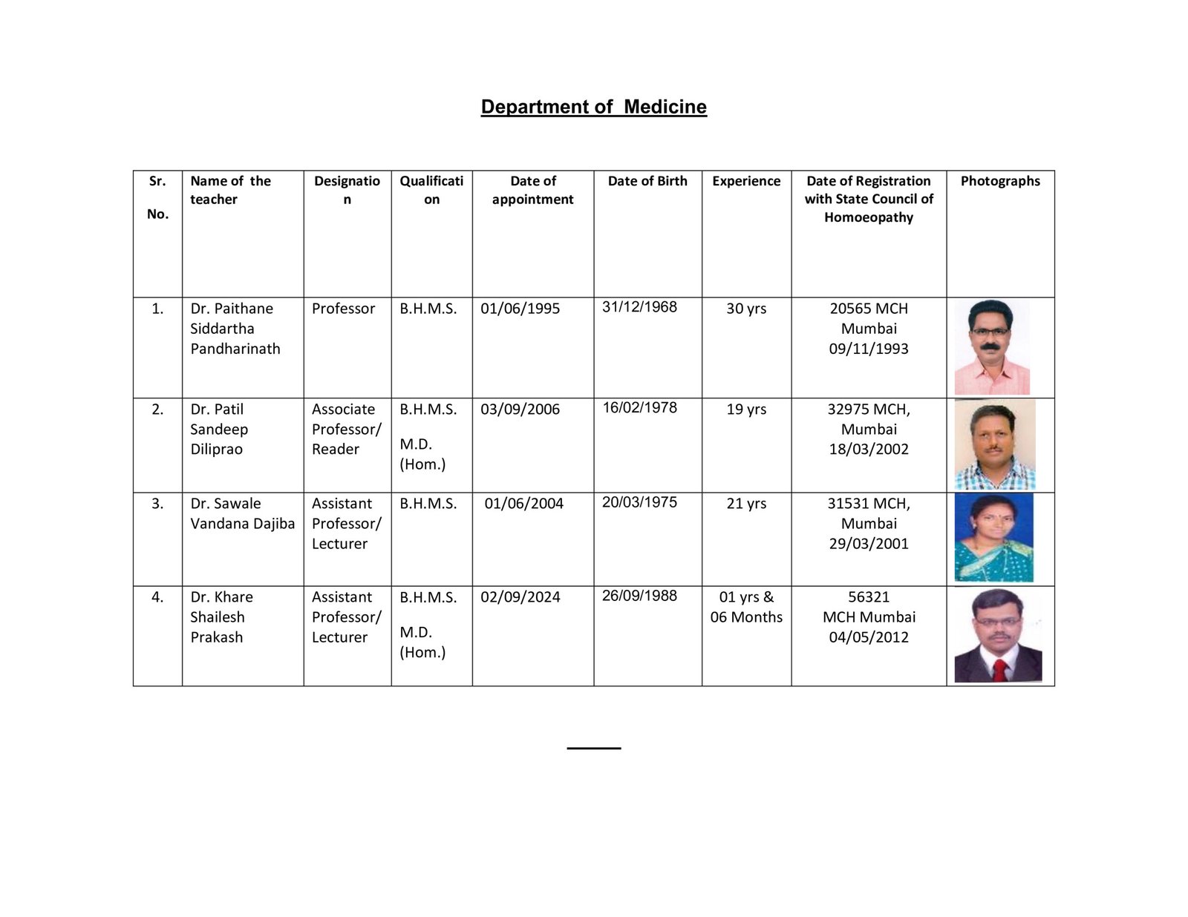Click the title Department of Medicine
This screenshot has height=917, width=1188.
(593, 107)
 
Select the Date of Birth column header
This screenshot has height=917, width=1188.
(647, 181)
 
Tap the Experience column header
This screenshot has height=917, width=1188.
(746, 181)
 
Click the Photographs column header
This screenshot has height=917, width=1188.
(1000, 181)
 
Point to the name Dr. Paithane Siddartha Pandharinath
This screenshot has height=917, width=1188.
(235, 329)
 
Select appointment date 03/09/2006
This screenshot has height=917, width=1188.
(520, 410)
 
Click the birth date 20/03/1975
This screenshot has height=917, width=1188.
(639, 502)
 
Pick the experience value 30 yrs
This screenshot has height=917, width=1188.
(746, 309)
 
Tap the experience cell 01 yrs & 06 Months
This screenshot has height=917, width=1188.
(746, 607)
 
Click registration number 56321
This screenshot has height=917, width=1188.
(869, 597)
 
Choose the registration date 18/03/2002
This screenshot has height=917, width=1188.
(869, 449)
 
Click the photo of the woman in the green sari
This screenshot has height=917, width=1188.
(993, 538)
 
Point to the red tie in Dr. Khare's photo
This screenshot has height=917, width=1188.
(999, 669)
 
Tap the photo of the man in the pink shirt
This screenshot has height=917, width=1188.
(992, 347)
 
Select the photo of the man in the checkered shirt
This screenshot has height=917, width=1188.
(994, 444)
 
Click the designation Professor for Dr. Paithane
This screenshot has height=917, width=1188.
(343, 309)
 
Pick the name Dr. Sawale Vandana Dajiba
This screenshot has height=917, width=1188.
(242, 513)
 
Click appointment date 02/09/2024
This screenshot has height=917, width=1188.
(520, 597)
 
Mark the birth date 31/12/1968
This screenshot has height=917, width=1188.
(639, 307)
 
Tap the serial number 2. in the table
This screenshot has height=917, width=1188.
(157, 410)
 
